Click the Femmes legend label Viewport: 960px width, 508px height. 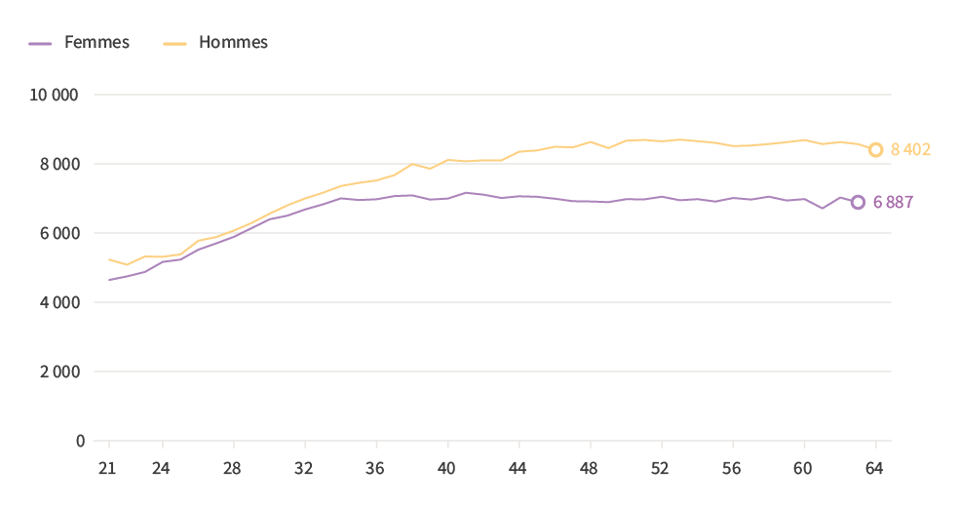tap(96, 43)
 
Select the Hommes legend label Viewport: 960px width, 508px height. tap(233, 43)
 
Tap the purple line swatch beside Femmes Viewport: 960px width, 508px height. tap(40, 43)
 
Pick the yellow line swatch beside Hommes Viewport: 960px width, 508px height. tap(174, 43)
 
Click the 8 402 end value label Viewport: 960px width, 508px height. tap(911, 150)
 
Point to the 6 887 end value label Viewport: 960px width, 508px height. tap(894, 203)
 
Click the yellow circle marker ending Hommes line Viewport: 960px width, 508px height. tap(876, 150)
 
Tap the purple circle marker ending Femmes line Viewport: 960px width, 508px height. tap(858, 202)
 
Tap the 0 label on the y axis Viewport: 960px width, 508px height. tap(80, 441)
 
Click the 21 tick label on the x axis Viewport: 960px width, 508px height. tap(107, 469)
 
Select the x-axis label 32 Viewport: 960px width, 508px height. tap(304, 469)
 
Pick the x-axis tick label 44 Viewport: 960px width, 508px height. tap(518, 469)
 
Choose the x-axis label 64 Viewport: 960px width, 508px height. tap(875, 469)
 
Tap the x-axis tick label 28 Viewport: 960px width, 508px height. tap(232, 469)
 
